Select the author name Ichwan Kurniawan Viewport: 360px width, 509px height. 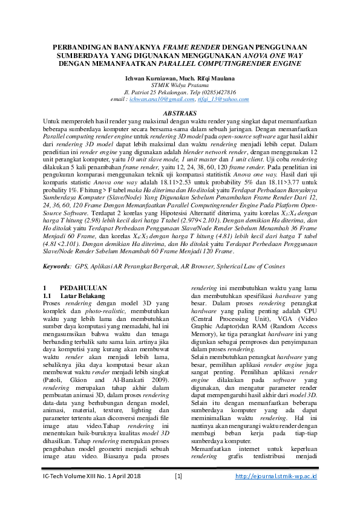click(x=148, y=78)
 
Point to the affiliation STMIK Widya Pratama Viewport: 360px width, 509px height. click(x=180, y=85)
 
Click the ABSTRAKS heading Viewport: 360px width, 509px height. click(x=180, y=113)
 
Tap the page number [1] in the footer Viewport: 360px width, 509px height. click(x=178, y=494)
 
